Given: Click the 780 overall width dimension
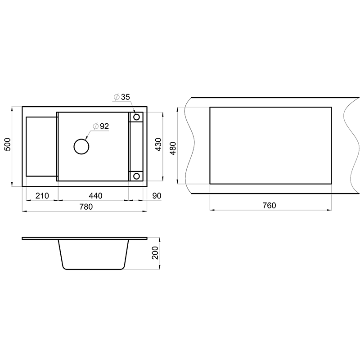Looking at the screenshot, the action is pos(86,207).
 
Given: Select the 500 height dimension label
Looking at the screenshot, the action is pos(8,144).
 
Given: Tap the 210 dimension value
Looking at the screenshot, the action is pos(42,196).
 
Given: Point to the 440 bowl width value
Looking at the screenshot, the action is pos(95,196).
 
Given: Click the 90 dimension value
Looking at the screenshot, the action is pos(157,196).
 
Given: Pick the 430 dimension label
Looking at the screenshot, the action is pos(158,144).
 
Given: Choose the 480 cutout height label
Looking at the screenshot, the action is pos(173,148).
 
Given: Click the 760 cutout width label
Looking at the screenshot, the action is pos(269,205).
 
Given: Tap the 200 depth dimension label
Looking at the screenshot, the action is pos(155,253).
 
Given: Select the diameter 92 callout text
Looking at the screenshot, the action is pos(101,126).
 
